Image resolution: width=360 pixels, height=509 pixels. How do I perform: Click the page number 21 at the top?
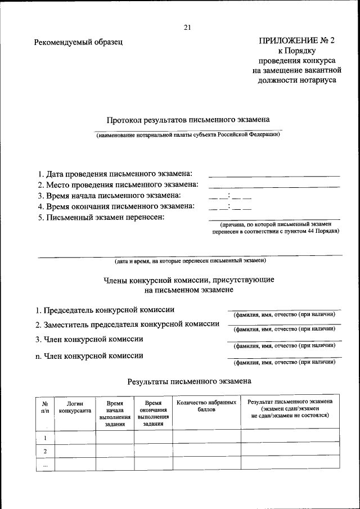(187, 28)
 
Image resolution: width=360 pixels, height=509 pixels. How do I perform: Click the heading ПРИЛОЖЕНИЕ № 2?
(296, 41)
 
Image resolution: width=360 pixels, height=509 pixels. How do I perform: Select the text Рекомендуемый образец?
(78, 42)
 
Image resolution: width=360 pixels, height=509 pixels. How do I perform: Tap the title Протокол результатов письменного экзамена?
(188, 120)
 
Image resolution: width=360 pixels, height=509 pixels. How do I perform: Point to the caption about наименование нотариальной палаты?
(187, 135)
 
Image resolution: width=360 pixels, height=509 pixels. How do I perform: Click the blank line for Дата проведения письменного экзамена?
(274, 175)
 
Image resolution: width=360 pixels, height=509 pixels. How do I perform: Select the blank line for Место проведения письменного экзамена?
(274, 186)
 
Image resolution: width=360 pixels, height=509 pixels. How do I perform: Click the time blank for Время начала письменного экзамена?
(230, 197)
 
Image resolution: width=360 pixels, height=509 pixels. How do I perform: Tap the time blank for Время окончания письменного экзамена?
(230, 208)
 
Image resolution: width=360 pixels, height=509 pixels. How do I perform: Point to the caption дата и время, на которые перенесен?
(190, 261)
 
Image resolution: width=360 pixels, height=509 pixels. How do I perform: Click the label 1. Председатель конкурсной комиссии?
(105, 310)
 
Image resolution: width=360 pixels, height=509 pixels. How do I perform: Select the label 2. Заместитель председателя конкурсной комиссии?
(127, 325)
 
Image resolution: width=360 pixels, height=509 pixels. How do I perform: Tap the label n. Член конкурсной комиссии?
(89, 355)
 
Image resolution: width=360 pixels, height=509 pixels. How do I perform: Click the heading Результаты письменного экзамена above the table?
(189, 381)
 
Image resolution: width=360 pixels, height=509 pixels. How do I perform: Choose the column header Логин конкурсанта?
(75, 407)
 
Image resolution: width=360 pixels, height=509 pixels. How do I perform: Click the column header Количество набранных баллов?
(206, 406)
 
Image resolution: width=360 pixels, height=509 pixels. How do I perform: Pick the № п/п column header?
(44, 407)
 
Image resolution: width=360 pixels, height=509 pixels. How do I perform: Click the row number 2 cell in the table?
(44, 451)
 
